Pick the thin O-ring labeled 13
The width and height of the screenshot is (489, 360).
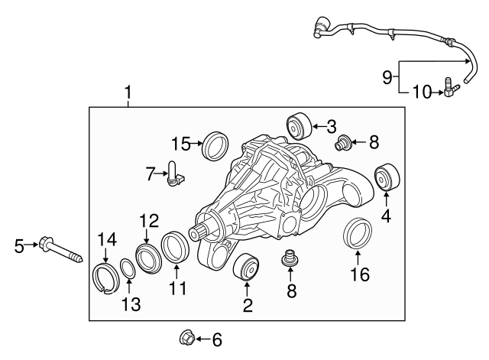[x=128, y=270]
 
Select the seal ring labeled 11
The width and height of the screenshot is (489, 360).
[x=175, y=248]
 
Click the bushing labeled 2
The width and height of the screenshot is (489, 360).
[x=246, y=268]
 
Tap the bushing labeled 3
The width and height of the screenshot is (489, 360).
[x=297, y=124]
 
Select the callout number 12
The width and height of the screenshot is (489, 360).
[x=147, y=221]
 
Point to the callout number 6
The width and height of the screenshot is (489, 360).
[x=216, y=339]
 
